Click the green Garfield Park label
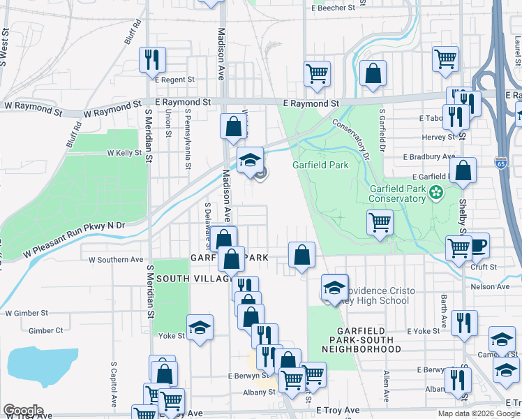[320, 166]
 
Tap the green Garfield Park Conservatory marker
[437, 193]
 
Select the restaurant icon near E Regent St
[152, 59]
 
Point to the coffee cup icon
[478, 245]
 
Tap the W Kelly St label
[124, 152]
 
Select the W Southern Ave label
[116, 260]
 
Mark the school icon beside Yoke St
[200, 327]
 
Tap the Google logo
[23, 411]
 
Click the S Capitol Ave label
[113, 384]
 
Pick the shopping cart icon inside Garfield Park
[380, 223]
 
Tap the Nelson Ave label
[490, 286]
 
